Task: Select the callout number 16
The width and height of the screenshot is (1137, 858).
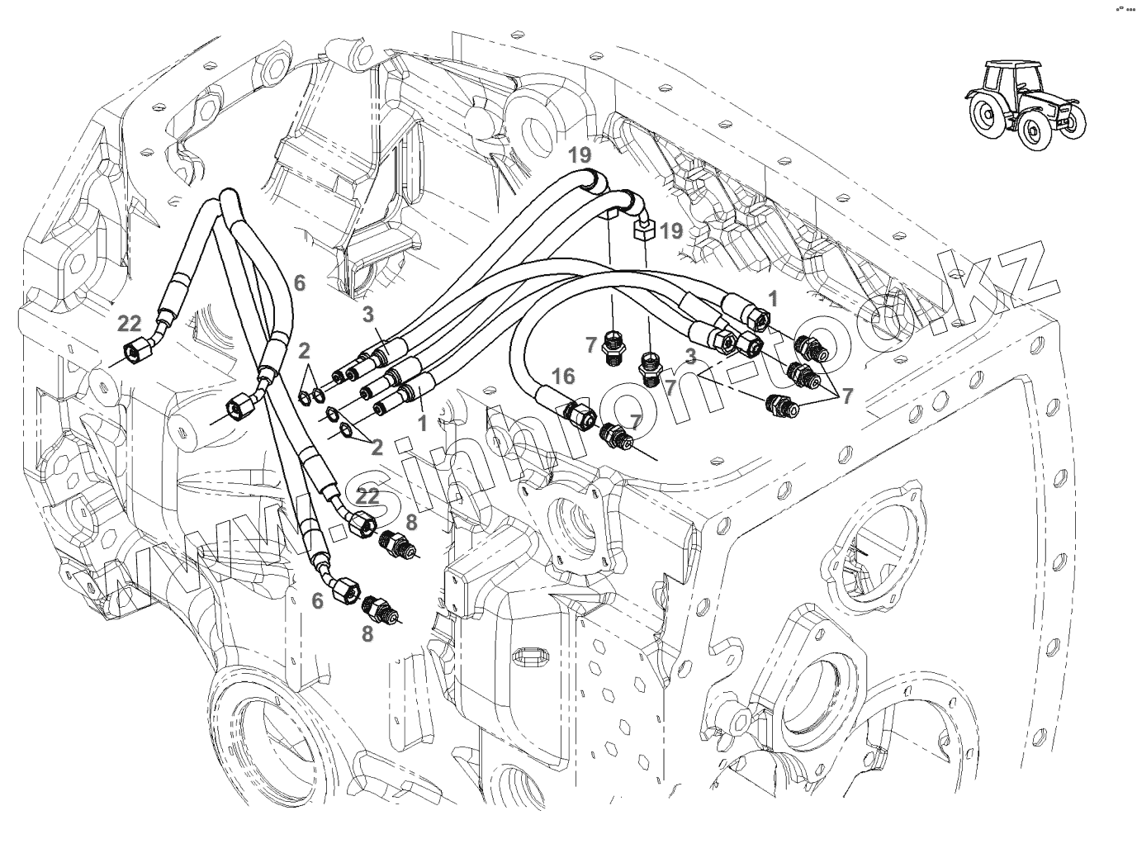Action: [x=562, y=377]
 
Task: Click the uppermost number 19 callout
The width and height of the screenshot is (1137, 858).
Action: [x=580, y=154]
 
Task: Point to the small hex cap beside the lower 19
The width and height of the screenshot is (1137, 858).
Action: [x=644, y=229]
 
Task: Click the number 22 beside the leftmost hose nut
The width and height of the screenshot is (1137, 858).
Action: [x=130, y=325]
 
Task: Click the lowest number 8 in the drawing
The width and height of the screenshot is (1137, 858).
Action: [x=367, y=633]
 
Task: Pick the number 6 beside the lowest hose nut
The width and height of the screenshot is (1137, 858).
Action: [x=317, y=602]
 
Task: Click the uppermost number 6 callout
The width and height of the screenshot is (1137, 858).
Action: [x=299, y=283]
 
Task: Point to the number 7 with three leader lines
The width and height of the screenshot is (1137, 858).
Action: [x=846, y=396]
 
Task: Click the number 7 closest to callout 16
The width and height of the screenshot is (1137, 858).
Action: [x=635, y=421]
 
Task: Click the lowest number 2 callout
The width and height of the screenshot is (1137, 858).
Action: [x=377, y=448]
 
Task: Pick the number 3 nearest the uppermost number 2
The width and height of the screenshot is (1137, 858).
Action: [x=368, y=314]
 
